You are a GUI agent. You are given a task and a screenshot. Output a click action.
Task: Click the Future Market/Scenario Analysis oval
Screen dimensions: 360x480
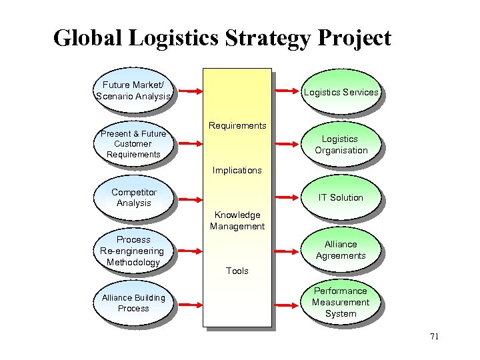pyautogui.click(x=133, y=91)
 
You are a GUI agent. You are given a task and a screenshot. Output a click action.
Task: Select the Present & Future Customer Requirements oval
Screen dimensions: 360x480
pyautogui.click(x=133, y=144)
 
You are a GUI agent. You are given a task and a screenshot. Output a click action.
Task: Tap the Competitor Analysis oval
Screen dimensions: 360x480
pyautogui.click(x=133, y=197)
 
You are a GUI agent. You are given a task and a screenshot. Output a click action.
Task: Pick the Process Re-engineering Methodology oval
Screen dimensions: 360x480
pyautogui.click(x=133, y=251)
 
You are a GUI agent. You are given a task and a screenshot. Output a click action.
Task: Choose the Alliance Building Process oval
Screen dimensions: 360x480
pyautogui.click(x=133, y=303)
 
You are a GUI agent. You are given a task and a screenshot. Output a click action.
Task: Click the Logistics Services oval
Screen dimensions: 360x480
pyautogui.click(x=341, y=93)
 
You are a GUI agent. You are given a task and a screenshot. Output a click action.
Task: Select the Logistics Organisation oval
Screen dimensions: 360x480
pyautogui.click(x=341, y=145)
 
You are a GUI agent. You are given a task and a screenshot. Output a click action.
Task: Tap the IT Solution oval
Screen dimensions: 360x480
pyautogui.click(x=341, y=197)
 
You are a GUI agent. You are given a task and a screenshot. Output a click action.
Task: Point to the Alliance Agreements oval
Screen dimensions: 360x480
pyautogui.click(x=341, y=250)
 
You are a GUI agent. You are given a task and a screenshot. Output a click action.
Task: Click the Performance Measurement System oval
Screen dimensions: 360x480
pyautogui.click(x=341, y=302)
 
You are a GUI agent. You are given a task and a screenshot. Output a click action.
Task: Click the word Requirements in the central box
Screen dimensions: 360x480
pyautogui.click(x=237, y=125)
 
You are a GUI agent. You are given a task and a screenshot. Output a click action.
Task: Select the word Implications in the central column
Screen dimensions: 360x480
pyautogui.click(x=237, y=170)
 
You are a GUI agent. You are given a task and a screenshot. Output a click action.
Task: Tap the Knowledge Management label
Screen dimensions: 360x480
pyautogui.click(x=237, y=221)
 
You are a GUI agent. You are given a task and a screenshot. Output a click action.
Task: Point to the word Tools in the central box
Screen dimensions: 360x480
pyautogui.click(x=237, y=271)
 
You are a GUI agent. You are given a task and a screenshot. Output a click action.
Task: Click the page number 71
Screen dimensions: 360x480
pyautogui.click(x=434, y=337)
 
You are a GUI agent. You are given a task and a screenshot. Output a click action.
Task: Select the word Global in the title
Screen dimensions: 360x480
pyautogui.click(x=87, y=38)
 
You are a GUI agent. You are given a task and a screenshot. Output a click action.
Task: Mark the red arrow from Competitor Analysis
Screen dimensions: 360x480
pyautogui.click(x=187, y=197)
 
